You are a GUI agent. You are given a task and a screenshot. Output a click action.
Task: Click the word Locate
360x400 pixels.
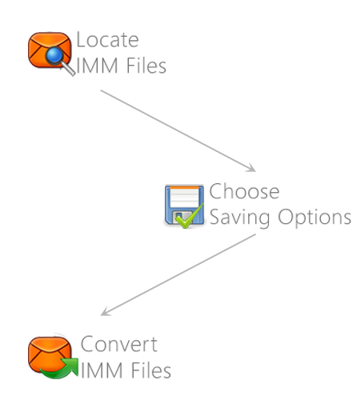(x=107, y=40)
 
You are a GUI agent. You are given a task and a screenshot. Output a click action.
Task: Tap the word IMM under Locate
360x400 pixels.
(x=97, y=66)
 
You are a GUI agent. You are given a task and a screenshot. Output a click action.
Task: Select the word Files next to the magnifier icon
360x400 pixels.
(x=146, y=66)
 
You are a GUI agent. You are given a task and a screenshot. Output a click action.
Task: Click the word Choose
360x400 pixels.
(x=244, y=191)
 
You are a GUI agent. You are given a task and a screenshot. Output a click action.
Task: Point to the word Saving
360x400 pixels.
(x=239, y=218)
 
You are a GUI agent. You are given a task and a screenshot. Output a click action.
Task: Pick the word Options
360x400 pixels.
(x=314, y=218)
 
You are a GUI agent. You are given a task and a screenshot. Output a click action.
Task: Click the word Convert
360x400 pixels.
(x=119, y=344)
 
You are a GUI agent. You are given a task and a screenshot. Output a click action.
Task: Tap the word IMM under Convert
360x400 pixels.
(x=102, y=370)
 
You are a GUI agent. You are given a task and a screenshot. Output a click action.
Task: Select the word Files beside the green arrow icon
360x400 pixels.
(x=151, y=370)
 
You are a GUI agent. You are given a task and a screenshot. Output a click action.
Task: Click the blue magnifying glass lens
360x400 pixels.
(x=54, y=56)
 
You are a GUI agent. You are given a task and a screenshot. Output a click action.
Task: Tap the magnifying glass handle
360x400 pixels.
(x=68, y=68)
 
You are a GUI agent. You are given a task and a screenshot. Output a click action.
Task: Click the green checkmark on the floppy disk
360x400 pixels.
(x=190, y=217)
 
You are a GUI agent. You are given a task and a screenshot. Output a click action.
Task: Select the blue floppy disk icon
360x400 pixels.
(x=184, y=206)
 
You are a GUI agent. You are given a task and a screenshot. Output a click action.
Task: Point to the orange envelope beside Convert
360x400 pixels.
(x=50, y=354)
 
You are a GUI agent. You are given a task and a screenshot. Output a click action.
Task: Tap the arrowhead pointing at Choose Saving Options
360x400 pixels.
(x=251, y=168)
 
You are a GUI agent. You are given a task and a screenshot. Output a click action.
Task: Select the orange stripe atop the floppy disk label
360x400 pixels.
(x=184, y=187)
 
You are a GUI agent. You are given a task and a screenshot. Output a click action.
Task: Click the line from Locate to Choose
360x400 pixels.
(x=178, y=130)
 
